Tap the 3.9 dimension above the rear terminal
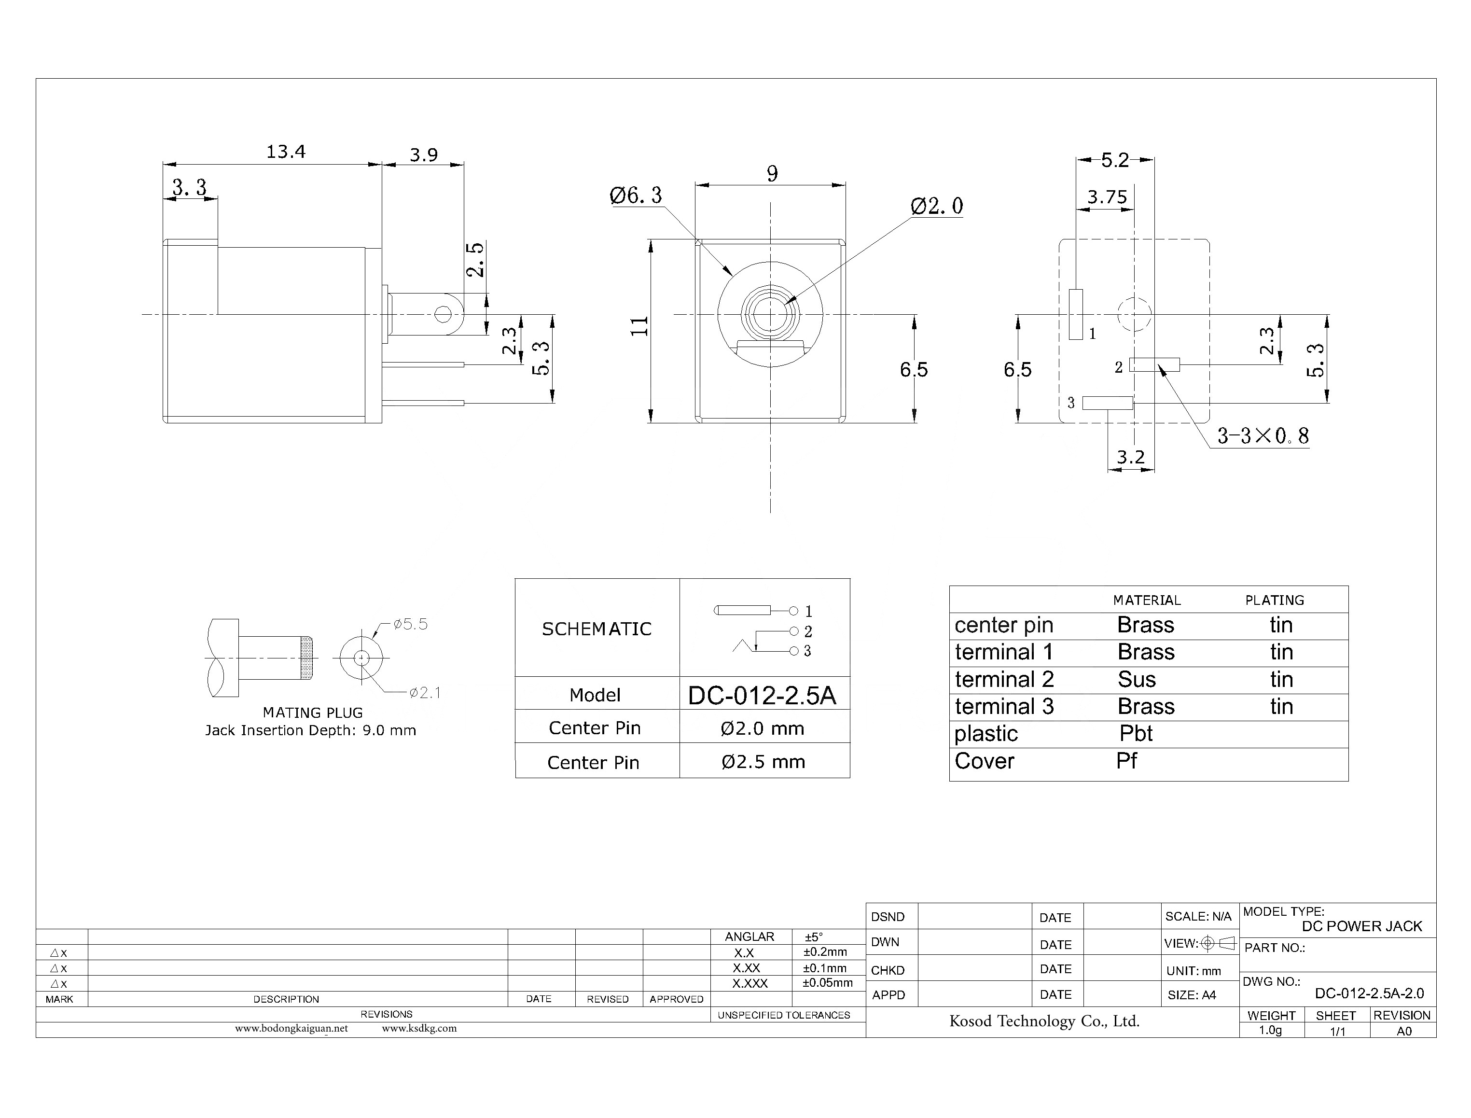(x=423, y=155)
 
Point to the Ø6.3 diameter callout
(x=636, y=196)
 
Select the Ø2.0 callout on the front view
(x=936, y=206)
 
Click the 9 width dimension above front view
(x=772, y=174)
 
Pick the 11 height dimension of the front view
(x=639, y=326)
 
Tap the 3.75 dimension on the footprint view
(x=1107, y=197)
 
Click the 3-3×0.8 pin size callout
(x=1263, y=436)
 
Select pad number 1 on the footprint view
(x=1076, y=315)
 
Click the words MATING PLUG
(x=313, y=713)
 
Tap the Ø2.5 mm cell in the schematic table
(x=763, y=762)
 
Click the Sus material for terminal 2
(x=1137, y=680)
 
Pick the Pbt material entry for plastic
(x=1136, y=733)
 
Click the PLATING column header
(x=1274, y=600)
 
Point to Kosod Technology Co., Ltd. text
(x=1044, y=1021)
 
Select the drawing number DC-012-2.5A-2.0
(x=1369, y=993)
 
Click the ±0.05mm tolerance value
(x=827, y=983)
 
